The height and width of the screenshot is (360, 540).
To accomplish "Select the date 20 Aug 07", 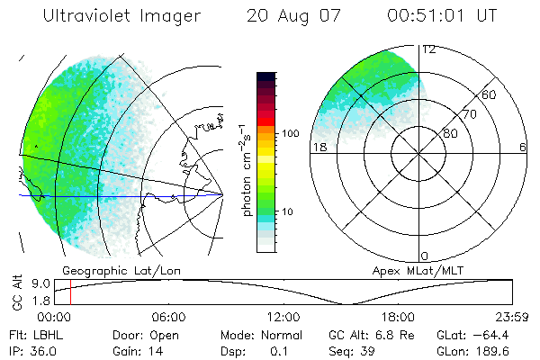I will pos(290,16).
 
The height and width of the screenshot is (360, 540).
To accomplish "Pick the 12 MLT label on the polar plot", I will pos(429,49).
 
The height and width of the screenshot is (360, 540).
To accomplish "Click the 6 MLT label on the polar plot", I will pos(522,147).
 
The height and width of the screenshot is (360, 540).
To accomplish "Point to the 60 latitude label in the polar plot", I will pos(490,94).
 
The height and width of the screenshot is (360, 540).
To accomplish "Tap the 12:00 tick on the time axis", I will pos(284,317).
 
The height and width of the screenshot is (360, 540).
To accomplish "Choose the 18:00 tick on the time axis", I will pos(399,317).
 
